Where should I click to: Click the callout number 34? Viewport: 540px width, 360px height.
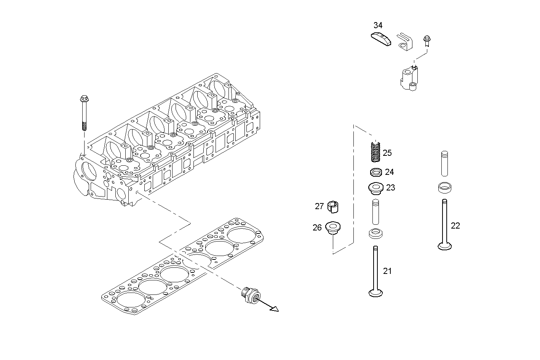378,26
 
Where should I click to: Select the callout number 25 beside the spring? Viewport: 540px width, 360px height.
387,153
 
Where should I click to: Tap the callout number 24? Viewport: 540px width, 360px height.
389,172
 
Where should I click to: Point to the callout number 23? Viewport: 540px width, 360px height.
390,188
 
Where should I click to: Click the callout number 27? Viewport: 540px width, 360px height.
319,206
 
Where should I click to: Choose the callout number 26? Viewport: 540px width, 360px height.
317,228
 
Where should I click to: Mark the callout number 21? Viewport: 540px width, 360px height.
387,271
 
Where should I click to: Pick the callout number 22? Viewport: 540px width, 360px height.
455,226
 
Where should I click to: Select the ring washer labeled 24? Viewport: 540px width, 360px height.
376,173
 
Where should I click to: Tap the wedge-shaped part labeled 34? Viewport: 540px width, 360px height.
381,39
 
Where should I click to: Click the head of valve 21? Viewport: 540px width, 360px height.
376,293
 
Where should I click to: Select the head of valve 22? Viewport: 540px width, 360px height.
444,247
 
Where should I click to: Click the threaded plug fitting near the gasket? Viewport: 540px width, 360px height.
250,294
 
